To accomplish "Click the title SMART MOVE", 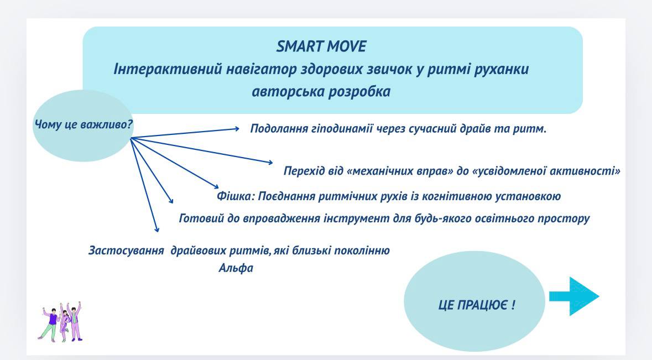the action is click(x=321, y=46).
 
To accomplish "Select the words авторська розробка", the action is click(x=321, y=91).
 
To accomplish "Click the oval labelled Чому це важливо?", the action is click(x=83, y=126).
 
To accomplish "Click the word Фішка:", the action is click(x=236, y=196).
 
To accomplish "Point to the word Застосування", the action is click(x=126, y=251).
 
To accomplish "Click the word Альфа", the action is click(x=236, y=268).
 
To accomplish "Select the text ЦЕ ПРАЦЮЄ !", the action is click(x=477, y=305).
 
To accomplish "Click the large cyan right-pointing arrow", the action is click(x=574, y=296).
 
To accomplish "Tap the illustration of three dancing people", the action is click(x=61, y=322).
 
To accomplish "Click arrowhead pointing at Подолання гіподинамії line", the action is click(x=237, y=129).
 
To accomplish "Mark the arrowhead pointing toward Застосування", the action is click(x=157, y=229).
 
